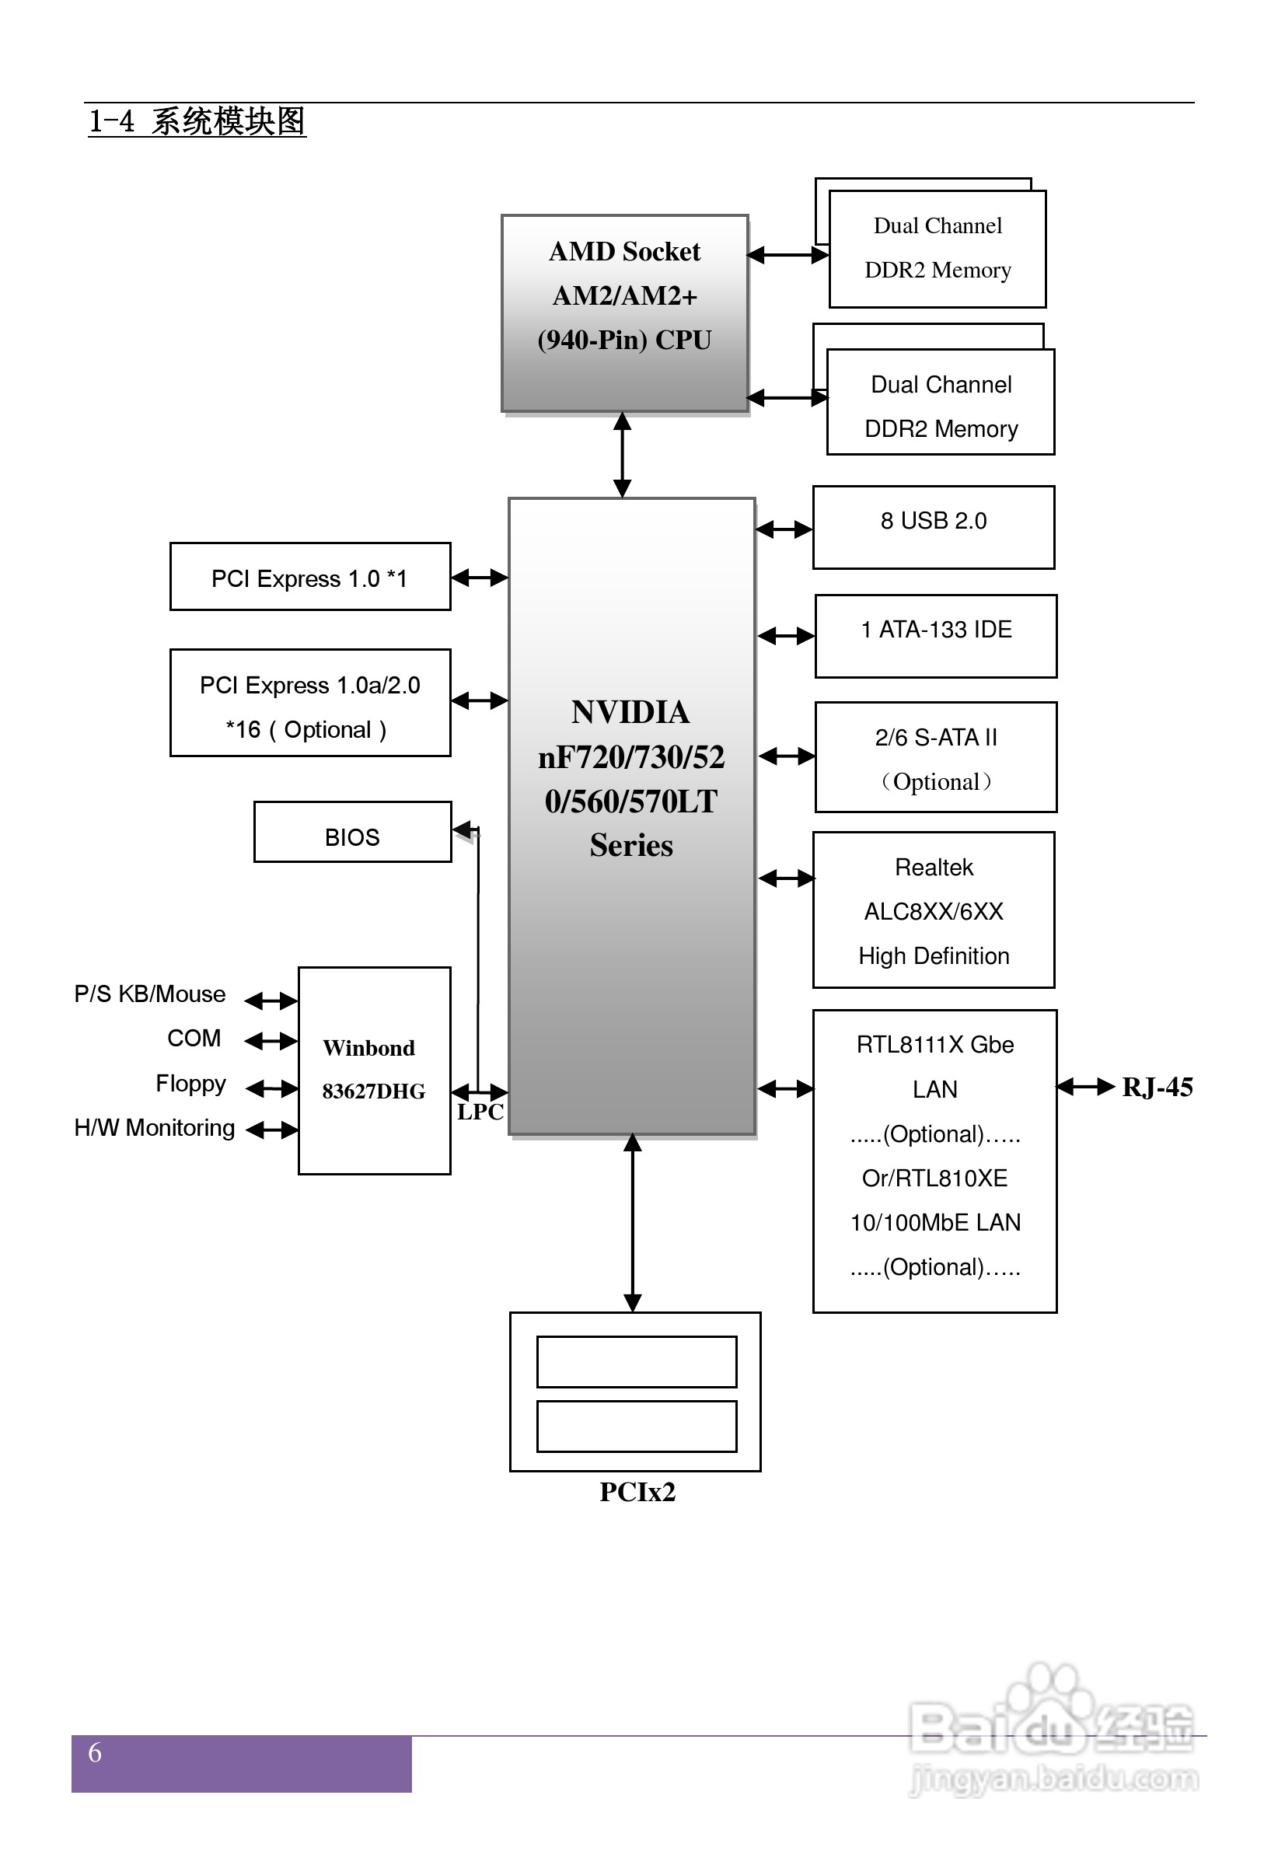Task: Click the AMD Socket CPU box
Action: click(624, 313)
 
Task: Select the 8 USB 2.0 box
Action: click(933, 527)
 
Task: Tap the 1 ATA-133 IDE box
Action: click(935, 636)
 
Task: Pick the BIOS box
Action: click(352, 833)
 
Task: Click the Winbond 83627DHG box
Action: click(374, 1070)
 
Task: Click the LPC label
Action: click(480, 1111)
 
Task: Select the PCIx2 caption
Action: click(637, 1492)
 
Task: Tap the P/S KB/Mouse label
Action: click(150, 994)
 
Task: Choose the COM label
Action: click(194, 1039)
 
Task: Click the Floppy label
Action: click(190, 1083)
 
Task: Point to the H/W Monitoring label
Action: click(155, 1128)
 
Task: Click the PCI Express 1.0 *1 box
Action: click(310, 576)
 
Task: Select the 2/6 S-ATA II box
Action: click(935, 757)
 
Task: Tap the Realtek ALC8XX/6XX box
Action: click(934, 910)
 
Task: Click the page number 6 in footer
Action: click(95, 1752)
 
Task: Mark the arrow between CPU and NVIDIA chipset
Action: click(622, 455)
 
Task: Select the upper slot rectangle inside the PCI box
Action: click(637, 1362)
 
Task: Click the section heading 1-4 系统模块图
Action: click(197, 122)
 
